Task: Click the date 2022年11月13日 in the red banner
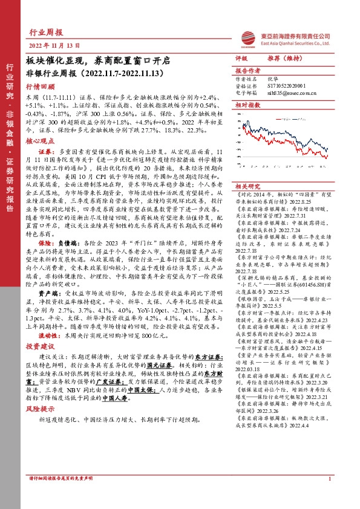(x=54, y=46)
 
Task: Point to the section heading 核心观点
(x=38, y=138)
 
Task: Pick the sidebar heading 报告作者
(x=246, y=70)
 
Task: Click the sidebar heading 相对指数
(x=246, y=105)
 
